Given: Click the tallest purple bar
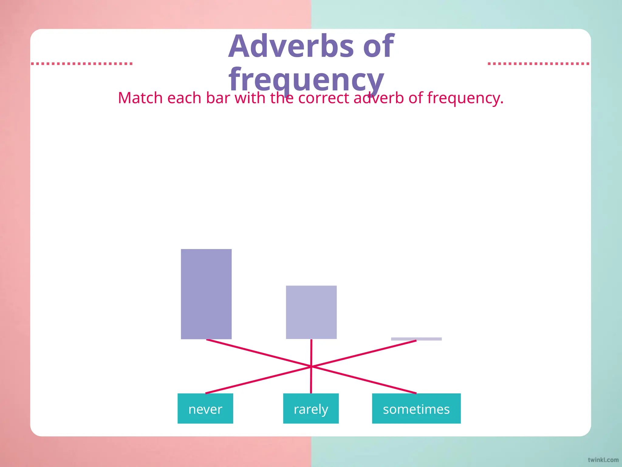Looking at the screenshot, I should pyautogui.click(x=206, y=294).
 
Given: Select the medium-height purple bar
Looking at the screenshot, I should pyautogui.click(x=311, y=312).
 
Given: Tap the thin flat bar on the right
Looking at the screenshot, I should pyautogui.click(x=416, y=339).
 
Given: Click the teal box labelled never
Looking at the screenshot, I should pyautogui.click(x=205, y=408).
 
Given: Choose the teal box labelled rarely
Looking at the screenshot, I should pyautogui.click(x=311, y=408).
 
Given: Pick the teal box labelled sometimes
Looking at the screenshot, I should pyautogui.click(x=416, y=408).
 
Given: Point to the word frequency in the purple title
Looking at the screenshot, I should pyautogui.click(x=306, y=80).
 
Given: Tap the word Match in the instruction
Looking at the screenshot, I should pyautogui.click(x=140, y=98).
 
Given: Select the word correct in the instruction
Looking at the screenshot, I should pyautogui.click(x=323, y=98).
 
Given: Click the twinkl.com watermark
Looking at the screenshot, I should pyautogui.click(x=603, y=460).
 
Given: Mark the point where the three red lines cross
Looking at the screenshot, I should pyautogui.click(x=311, y=367).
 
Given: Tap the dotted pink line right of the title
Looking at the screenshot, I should pyautogui.click(x=538, y=64).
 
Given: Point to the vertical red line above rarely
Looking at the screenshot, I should pyautogui.click(x=311, y=353).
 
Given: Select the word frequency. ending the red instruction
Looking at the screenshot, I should pyautogui.click(x=465, y=98).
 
